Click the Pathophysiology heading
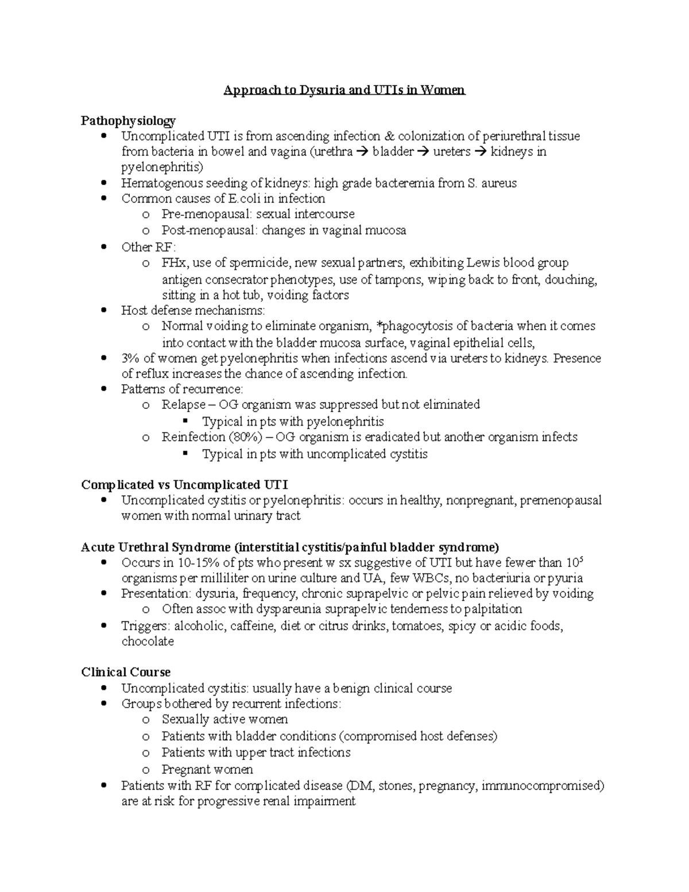128,121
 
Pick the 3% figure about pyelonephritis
130,358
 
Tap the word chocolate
148,642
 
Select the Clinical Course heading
126,672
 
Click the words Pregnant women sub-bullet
207,770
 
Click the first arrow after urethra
363,152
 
